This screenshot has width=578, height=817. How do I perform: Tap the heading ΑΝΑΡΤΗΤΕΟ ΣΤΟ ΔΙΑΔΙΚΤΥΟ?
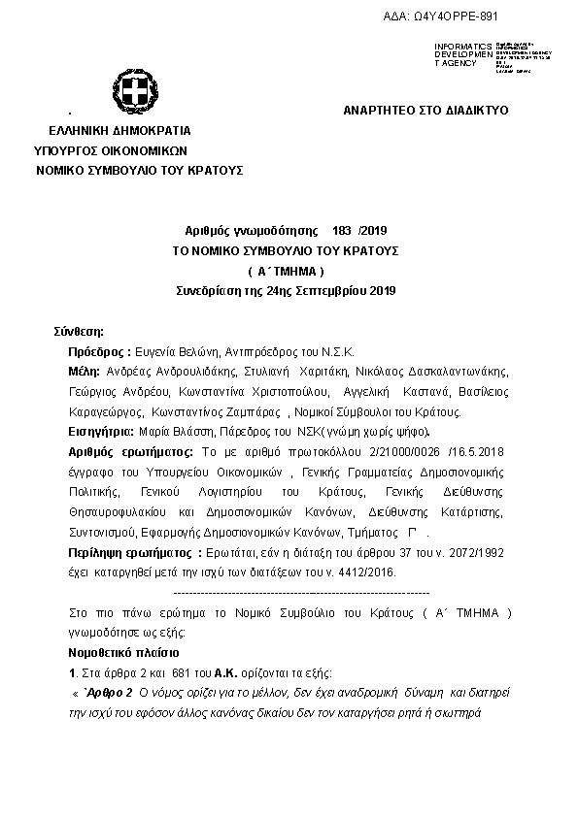point(425,111)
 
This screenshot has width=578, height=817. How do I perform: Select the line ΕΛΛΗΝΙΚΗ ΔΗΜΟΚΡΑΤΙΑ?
point(120,131)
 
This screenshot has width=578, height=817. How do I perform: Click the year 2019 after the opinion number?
point(373,230)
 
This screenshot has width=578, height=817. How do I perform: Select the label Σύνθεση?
point(85,332)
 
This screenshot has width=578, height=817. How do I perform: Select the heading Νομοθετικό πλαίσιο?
point(124,653)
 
